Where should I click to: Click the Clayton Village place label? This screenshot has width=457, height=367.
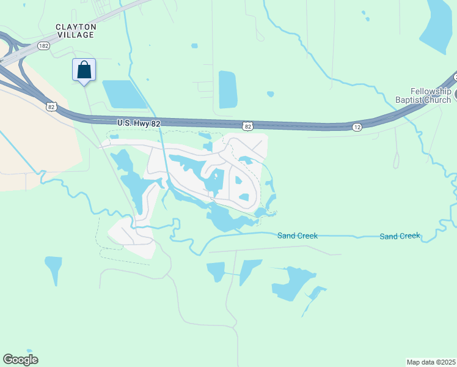75,31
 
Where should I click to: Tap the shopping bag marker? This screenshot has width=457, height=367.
84,70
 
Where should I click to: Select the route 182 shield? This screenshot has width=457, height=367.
43,45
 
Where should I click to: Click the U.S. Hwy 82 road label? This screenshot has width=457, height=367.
139,124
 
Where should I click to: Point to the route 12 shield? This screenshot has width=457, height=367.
356,127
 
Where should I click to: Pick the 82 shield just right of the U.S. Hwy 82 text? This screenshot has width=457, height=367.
247,126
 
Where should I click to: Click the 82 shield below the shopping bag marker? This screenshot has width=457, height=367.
51,106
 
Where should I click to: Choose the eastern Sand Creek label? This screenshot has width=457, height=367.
400,236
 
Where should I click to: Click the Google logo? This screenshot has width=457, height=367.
20,360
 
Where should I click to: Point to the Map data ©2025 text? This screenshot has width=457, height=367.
431,362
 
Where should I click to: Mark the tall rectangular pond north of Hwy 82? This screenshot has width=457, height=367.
227,90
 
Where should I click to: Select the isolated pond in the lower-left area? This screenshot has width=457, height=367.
53,267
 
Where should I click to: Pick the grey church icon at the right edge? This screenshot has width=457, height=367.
455,96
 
